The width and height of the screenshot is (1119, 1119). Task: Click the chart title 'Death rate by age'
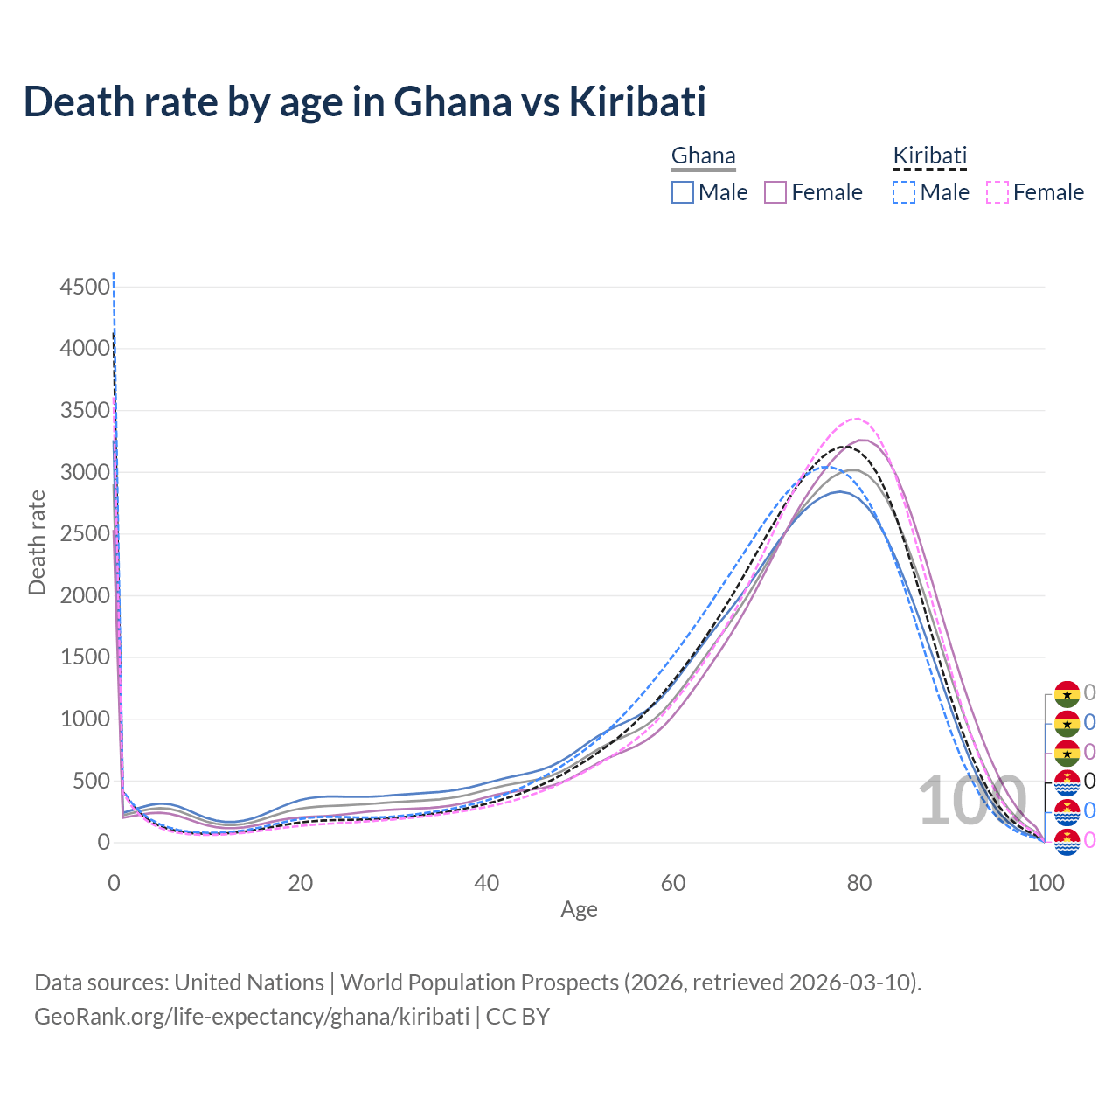pos(364,101)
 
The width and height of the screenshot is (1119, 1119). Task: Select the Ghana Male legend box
pos(683,192)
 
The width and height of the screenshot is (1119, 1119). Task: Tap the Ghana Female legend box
pos(776,192)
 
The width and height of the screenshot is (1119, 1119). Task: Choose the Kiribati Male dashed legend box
pos(904,192)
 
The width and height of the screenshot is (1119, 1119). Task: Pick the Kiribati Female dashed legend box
pos(997,192)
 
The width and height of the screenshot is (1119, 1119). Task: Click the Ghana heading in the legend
pos(703,156)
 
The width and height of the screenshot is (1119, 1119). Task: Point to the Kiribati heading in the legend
pos(929,156)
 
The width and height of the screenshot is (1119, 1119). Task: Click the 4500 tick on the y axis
pos(86,287)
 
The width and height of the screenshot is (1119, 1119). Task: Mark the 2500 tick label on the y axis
pos(86,534)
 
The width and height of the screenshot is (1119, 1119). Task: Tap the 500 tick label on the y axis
pos(92,782)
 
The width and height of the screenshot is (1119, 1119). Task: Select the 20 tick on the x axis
pos(301,883)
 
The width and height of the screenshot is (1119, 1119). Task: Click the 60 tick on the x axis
pos(673,883)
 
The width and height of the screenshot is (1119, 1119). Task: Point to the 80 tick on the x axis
pos(859,883)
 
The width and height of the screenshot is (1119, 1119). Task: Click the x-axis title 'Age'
pos(579,910)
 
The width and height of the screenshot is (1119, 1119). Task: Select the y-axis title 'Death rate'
pos(37,543)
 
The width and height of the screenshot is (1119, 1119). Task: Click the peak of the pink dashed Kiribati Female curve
pos(857,419)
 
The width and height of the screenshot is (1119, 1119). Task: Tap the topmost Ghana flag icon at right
pos(1067,694)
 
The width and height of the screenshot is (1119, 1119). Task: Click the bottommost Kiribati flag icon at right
pos(1067,841)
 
